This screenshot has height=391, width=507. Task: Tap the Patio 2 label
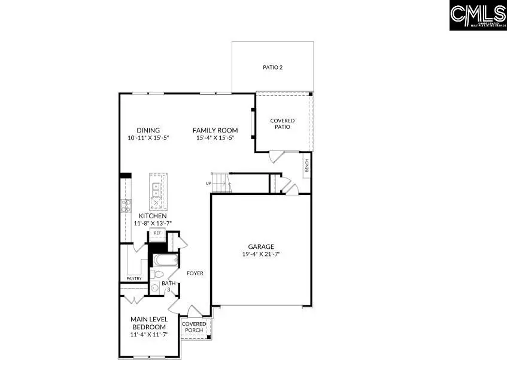[x=272, y=67]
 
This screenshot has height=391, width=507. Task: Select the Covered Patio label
[x=283, y=124]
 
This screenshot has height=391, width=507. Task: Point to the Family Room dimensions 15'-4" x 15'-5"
[x=215, y=138]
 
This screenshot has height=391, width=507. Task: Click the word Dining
[x=148, y=130]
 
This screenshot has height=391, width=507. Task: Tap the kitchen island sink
[x=156, y=190]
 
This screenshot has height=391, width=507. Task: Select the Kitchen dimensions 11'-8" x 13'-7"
[x=153, y=224]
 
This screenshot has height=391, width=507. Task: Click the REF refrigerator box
[x=157, y=233]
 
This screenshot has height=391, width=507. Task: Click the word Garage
[x=261, y=246]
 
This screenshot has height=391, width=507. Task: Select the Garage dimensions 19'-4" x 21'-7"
[x=261, y=254]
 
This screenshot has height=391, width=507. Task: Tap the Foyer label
[x=195, y=273]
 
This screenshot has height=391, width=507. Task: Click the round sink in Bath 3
[x=155, y=288]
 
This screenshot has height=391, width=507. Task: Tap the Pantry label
[x=133, y=279]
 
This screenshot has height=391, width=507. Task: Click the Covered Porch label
[x=194, y=327]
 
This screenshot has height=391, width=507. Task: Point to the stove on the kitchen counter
[x=126, y=206]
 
